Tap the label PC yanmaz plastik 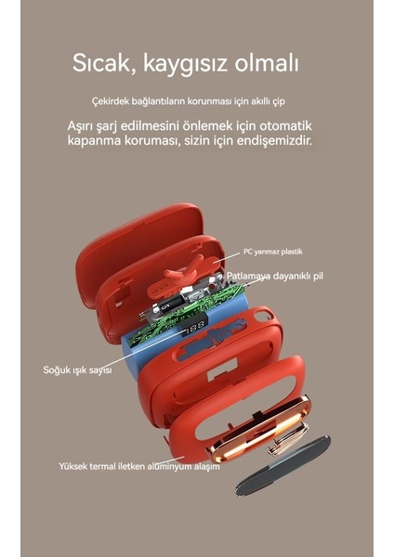(x=273, y=252)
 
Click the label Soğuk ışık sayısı (x=78, y=369)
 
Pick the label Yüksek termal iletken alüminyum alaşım (x=139, y=466)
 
